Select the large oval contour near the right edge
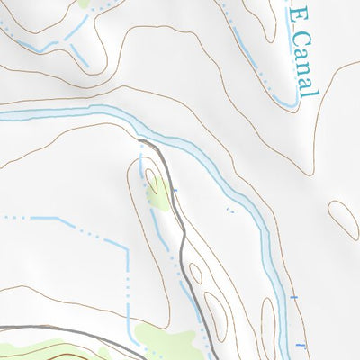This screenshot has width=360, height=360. point(343,219)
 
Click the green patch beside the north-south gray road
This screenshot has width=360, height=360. point(157,192)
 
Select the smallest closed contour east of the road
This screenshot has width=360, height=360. point(196,271)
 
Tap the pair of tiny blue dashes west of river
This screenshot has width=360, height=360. point(229,210)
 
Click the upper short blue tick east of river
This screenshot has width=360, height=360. point(294,297)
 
